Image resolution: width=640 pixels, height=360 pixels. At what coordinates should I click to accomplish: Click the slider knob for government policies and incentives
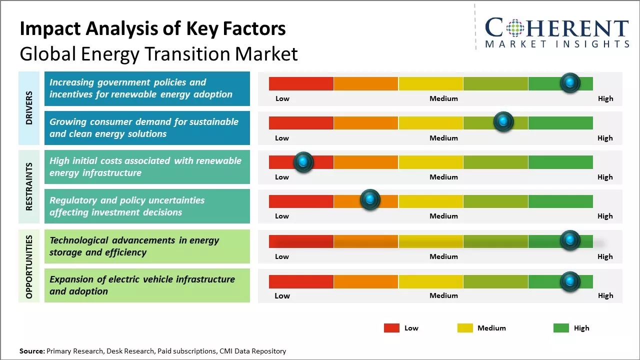click(569, 83)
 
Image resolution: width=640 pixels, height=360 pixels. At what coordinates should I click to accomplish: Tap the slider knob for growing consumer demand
click(503, 122)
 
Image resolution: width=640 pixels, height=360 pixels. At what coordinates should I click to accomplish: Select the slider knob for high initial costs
click(303, 162)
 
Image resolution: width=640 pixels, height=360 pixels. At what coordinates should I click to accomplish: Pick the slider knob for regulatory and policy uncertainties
click(370, 200)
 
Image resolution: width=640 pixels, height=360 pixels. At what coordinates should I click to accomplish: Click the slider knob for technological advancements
click(569, 240)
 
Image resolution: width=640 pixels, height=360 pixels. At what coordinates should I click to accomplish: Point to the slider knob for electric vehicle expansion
click(569, 281)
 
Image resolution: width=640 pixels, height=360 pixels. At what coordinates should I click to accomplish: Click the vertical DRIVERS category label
click(29, 107)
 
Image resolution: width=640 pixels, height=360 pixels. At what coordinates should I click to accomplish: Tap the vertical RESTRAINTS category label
click(29, 186)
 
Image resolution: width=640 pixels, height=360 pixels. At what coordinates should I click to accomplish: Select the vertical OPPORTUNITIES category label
click(29, 266)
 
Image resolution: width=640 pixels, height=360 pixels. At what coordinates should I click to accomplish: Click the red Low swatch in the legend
click(391, 328)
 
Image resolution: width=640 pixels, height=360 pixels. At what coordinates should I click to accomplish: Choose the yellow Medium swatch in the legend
click(465, 328)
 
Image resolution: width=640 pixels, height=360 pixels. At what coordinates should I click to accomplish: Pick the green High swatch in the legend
click(561, 328)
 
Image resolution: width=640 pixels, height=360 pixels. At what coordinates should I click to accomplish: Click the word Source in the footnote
click(32, 351)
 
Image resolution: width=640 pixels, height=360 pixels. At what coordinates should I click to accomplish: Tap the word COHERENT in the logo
click(556, 28)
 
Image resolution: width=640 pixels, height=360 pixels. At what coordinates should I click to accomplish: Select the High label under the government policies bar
click(605, 98)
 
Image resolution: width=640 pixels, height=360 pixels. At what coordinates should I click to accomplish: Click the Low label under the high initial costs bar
click(282, 177)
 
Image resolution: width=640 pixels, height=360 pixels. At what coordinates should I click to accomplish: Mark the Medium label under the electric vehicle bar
click(443, 295)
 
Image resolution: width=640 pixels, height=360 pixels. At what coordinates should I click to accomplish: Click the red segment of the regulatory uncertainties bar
click(301, 201)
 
